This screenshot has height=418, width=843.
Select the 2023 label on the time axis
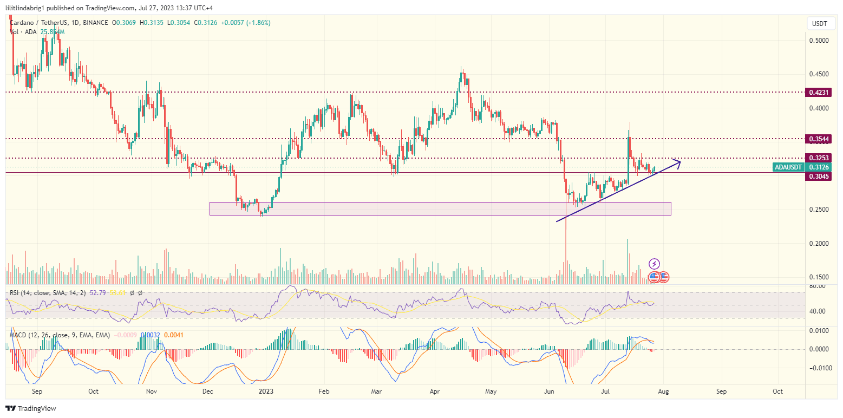(x=265, y=390)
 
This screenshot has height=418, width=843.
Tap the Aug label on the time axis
(x=664, y=390)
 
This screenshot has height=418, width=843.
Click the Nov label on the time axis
(x=152, y=390)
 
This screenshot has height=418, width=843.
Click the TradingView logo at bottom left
(x=31, y=408)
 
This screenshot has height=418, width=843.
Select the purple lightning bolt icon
(x=654, y=264)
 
